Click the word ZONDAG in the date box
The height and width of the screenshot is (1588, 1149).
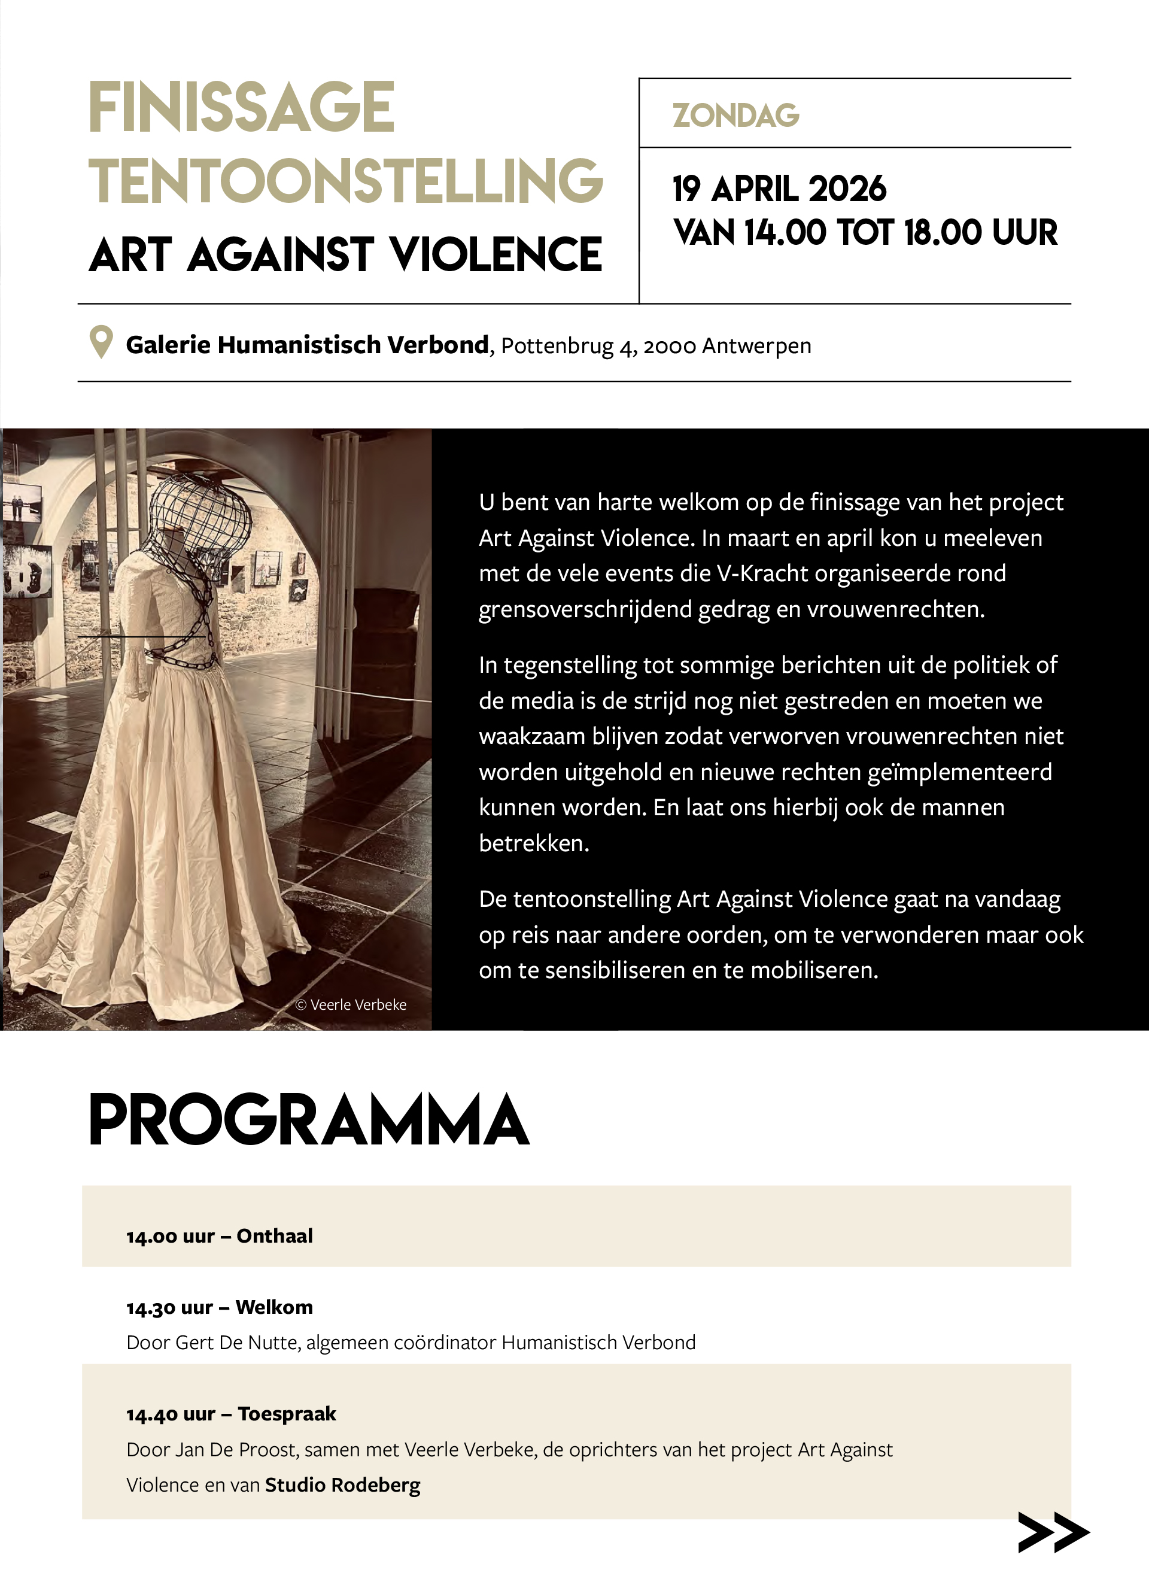[x=735, y=116]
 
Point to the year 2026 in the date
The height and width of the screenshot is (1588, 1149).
[x=847, y=189]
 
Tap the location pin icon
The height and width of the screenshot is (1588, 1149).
[x=102, y=342]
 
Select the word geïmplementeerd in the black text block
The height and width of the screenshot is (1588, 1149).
[x=959, y=772]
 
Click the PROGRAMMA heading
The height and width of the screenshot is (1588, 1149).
[x=309, y=1121]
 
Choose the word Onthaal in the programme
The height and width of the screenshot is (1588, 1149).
[x=275, y=1237]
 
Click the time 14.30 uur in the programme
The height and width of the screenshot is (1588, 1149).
[x=169, y=1308]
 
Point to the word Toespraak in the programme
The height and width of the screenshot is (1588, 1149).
[x=287, y=1414]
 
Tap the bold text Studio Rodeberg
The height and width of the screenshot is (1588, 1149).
[x=342, y=1485]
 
